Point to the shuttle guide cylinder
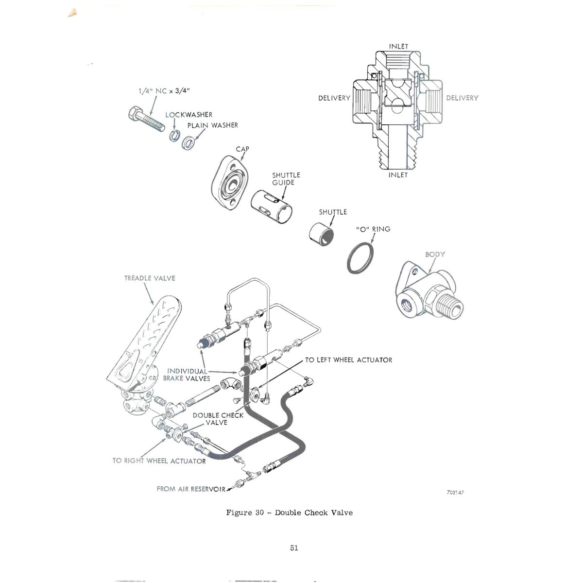(x=272, y=206)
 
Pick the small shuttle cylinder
(x=321, y=234)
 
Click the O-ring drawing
(x=360, y=258)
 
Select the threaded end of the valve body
(x=450, y=308)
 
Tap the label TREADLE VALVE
(x=150, y=278)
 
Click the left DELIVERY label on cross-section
(x=334, y=98)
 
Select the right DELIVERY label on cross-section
(x=463, y=98)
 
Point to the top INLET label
(x=398, y=46)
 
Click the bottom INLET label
(x=398, y=175)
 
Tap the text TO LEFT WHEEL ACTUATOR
(x=348, y=360)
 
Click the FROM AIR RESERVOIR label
(x=191, y=489)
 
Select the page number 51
(x=294, y=548)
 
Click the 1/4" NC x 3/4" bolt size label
(x=164, y=91)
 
